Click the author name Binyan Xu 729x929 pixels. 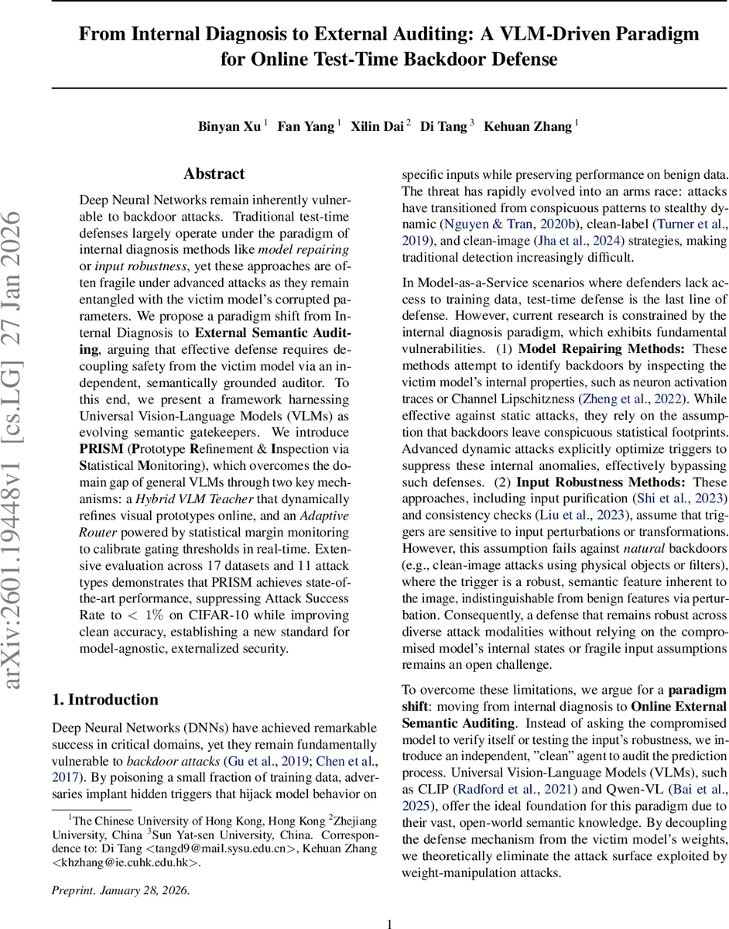coord(229,127)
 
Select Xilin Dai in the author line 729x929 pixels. coord(377,127)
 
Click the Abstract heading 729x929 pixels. coord(214,173)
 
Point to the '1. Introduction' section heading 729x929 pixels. coord(104,700)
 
